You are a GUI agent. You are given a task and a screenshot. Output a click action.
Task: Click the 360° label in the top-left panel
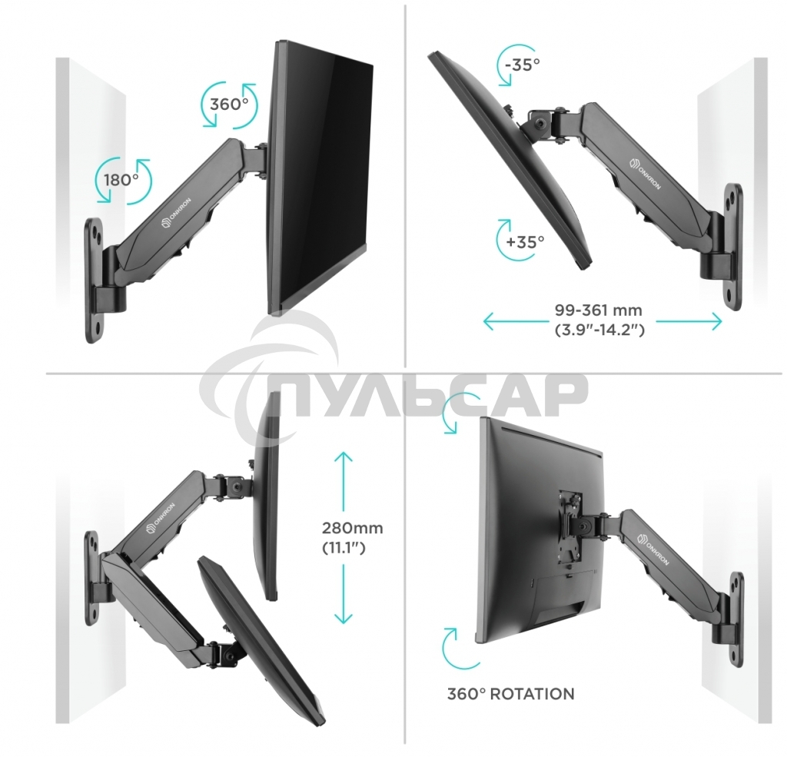(x=228, y=105)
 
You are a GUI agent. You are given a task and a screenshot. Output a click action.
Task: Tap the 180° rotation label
(x=121, y=180)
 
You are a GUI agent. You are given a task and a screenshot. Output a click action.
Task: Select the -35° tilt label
(x=523, y=64)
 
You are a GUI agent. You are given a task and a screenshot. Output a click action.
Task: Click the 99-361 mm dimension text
(x=598, y=311)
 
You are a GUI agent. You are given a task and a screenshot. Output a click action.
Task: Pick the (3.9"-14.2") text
(x=598, y=330)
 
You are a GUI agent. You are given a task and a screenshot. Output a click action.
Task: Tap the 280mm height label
(x=352, y=529)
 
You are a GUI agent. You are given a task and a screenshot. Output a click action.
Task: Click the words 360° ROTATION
(x=510, y=694)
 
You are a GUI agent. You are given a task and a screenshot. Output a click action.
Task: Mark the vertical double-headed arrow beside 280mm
(x=343, y=538)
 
